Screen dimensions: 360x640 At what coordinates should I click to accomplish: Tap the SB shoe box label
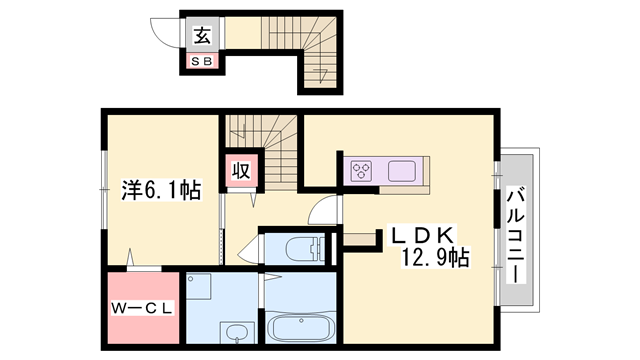pyautogui.click(x=201, y=62)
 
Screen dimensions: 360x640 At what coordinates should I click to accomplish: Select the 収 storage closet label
pyautogui.click(x=241, y=171)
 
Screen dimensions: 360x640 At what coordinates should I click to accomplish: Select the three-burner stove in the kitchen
pyautogui.click(x=362, y=170)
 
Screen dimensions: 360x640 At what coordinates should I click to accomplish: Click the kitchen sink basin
pyautogui.click(x=403, y=170)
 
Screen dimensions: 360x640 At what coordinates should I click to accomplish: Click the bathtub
pyautogui.click(x=302, y=327)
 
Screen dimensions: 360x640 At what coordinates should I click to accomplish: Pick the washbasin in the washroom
pyautogui.click(x=237, y=332)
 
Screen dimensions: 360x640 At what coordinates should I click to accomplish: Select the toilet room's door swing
pyautogui.click(x=247, y=251)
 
